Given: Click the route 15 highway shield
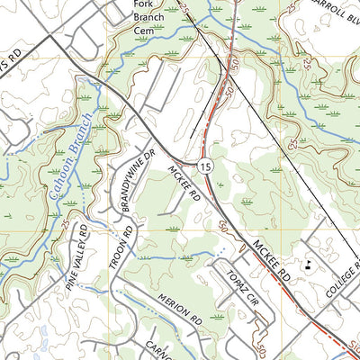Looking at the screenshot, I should click(x=206, y=166).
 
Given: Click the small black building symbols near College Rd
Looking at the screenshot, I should click(x=309, y=265).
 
